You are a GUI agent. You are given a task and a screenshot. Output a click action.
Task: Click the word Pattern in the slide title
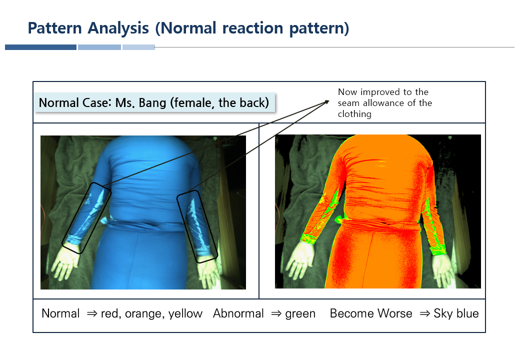click(54, 28)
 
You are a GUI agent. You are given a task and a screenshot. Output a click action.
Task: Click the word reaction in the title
click(252, 28)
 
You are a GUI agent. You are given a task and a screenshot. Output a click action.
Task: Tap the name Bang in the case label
click(152, 103)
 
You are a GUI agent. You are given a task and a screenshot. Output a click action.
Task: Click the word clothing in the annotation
click(354, 114)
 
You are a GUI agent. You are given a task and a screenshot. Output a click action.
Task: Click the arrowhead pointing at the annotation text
click(326, 102)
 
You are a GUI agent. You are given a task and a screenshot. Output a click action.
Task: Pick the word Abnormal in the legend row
click(238, 313)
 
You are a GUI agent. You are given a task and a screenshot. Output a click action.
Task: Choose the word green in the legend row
click(300, 313)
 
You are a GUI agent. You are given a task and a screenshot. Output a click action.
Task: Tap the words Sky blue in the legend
click(456, 313)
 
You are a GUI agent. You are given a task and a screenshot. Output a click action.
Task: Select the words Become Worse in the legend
click(371, 313)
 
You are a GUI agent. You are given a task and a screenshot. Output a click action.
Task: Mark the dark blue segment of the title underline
click(41, 47)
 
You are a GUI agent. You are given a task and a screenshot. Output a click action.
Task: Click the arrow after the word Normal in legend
click(91, 313)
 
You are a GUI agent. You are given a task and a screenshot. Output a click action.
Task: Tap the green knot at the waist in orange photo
click(340, 219)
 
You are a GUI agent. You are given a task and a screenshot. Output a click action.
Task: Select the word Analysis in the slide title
click(118, 28)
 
